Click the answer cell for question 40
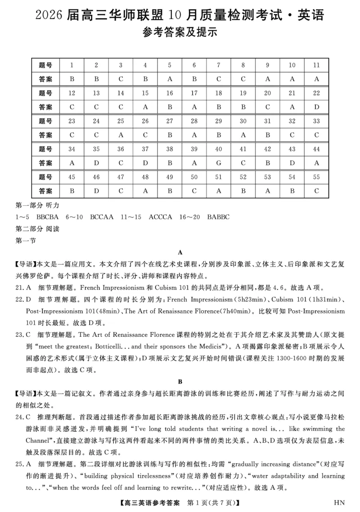[219, 163]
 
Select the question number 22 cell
[316, 93]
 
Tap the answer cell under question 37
[145, 163]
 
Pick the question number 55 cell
[316, 177]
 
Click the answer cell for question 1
[72, 79]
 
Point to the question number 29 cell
[219, 121]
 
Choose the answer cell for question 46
[96, 191]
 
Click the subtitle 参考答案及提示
[180, 33]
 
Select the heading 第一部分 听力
[37, 205]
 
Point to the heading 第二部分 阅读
[37, 229]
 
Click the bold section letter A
[180, 252]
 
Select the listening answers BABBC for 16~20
[218, 217]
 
